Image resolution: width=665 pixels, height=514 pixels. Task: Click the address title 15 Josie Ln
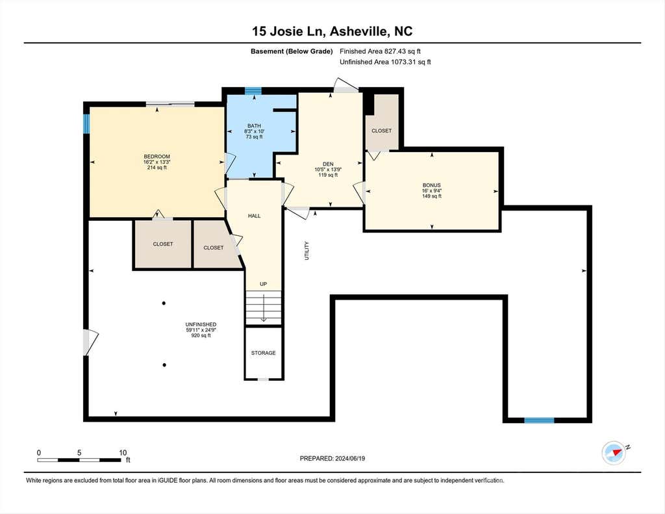(x=288, y=31)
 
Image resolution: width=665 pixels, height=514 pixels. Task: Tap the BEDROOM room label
(x=157, y=157)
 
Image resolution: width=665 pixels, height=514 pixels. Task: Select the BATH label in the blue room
(x=254, y=125)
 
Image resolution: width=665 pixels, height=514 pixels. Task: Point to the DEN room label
(x=328, y=164)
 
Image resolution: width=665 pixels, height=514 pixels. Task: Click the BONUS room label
(x=432, y=185)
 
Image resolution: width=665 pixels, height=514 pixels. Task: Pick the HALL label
(x=254, y=216)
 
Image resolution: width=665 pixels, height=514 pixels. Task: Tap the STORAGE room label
(x=264, y=353)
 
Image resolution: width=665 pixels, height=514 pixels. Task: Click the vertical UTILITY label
(x=307, y=250)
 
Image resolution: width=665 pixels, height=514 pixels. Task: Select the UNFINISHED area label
(x=201, y=324)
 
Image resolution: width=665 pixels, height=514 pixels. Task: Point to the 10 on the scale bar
(x=123, y=452)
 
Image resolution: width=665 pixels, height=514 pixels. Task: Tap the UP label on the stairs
(x=264, y=284)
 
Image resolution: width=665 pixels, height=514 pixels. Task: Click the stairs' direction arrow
(x=264, y=308)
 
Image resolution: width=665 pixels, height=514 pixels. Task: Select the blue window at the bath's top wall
(x=253, y=90)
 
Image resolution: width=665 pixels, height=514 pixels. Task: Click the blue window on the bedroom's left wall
(x=86, y=123)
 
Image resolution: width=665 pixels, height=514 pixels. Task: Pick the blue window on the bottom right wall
(x=539, y=420)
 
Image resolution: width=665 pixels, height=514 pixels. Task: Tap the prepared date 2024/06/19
(x=350, y=458)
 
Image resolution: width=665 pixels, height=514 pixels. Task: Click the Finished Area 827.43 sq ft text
(x=380, y=51)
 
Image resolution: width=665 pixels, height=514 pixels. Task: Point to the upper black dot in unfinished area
(x=164, y=303)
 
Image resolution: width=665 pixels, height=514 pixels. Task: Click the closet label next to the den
(x=382, y=131)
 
